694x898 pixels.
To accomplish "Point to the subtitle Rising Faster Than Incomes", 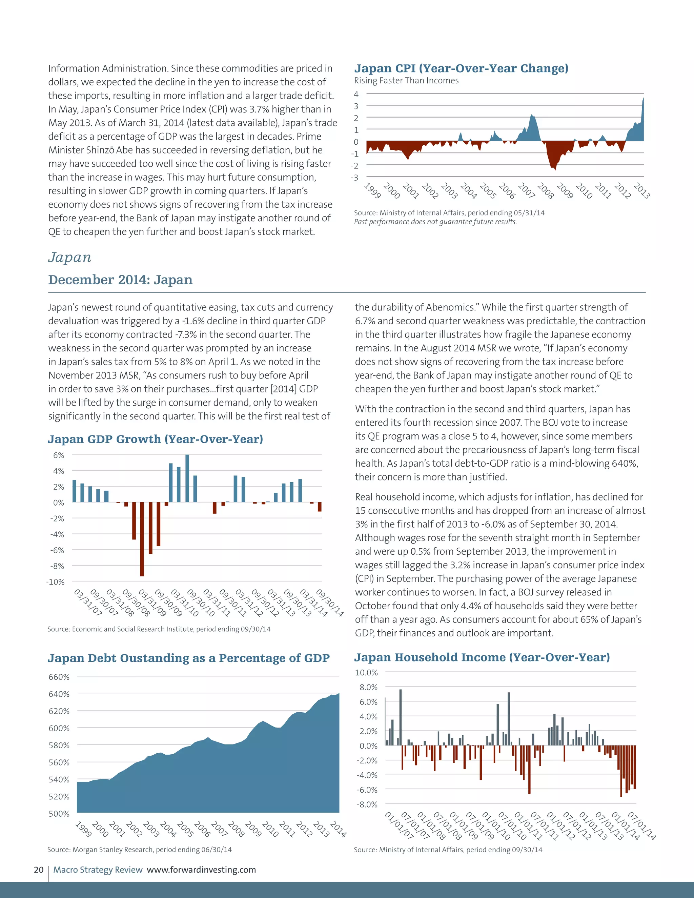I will click(x=406, y=81).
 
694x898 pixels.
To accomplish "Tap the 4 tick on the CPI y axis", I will click(x=356, y=94).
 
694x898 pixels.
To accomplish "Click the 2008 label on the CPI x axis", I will click(x=546, y=191).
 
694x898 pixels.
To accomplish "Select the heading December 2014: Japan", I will click(x=120, y=280).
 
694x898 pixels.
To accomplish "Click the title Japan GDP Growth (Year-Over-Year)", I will click(x=156, y=439).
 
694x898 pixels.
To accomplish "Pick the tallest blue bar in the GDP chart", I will click(x=187, y=478).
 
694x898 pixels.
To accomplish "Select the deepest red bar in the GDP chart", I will click(x=142, y=539).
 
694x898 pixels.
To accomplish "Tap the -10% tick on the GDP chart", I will click(x=56, y=582).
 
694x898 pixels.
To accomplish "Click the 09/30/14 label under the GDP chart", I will click(x=330, y=603).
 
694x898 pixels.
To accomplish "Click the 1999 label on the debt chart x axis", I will click(x=83, y=829).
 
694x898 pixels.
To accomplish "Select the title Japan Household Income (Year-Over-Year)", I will click(x=482, y=657).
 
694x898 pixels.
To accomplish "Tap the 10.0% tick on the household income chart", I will click(x=366, y=672).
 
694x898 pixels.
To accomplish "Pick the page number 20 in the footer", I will click(x=39, y=870).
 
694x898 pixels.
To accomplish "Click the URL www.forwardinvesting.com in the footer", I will click(x=202, y=870).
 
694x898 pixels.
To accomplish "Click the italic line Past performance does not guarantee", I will click(x=435, y=222).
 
